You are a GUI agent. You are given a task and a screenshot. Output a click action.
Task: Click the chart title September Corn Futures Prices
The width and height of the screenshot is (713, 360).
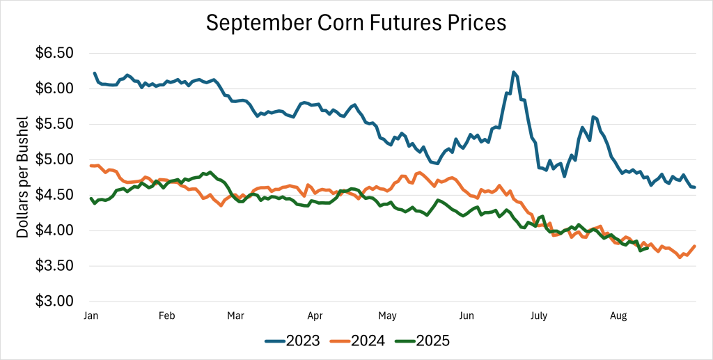point(356,22)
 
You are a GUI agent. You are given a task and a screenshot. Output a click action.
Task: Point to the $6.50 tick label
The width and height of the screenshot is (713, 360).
point(55,53)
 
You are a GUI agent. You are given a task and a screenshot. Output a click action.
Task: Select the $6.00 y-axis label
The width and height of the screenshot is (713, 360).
point(55,88)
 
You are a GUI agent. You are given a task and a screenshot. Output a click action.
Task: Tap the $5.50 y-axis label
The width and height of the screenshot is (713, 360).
point(55,124)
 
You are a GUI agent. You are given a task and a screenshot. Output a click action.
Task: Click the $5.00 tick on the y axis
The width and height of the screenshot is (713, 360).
point(55,159)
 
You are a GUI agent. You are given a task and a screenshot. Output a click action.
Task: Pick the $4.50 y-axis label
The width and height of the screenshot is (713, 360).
point(55,195)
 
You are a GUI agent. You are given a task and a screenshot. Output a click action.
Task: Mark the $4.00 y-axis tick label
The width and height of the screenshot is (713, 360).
point(55,230)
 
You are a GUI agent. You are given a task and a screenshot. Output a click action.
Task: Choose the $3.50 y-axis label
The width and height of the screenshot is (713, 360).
point(55,266)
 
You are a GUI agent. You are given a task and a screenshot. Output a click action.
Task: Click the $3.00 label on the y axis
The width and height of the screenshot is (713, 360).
point(55,302)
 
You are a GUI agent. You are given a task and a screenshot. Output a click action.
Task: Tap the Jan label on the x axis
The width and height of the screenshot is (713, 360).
point(90,315)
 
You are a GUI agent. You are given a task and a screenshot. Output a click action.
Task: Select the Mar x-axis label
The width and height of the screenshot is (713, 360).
point(235,315)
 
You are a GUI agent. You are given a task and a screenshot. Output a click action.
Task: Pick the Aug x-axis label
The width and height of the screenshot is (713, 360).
point(618,315)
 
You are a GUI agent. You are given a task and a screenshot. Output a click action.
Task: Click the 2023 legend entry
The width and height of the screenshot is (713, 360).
point(292,341)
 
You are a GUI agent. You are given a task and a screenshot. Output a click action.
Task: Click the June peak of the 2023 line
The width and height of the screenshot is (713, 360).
point(513,72)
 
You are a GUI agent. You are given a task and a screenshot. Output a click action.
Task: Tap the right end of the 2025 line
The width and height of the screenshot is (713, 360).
point(648,248)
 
